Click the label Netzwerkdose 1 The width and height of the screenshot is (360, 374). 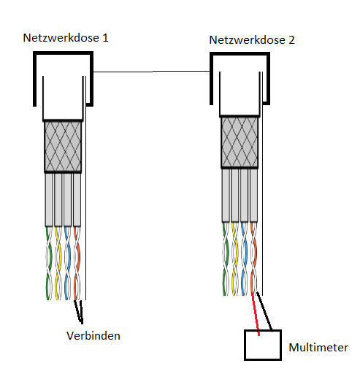pos(66,37)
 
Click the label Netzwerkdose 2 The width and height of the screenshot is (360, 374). pos(252,39)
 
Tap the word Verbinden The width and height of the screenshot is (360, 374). pos(92,336)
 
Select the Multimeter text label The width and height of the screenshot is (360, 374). pos(318,347)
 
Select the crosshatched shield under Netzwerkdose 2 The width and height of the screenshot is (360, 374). pos(240,142)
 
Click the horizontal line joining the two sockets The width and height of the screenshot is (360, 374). pos(152,72)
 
